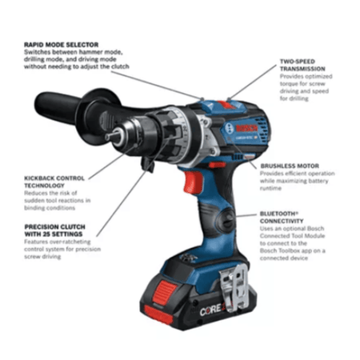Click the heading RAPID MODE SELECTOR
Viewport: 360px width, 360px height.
61,45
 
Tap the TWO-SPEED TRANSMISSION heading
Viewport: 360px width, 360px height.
302,65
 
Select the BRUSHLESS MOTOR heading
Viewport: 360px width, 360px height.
290,166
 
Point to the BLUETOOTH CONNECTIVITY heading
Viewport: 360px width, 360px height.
282,218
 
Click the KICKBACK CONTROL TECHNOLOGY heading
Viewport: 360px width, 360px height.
54,182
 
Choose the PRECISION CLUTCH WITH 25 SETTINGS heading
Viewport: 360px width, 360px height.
55,230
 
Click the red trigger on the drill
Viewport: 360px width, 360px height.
193,182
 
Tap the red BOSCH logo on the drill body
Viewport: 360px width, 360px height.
246,128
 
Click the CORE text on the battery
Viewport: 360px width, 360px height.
210,310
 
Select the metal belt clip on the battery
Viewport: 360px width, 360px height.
234,286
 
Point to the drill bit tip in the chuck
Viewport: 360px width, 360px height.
107,137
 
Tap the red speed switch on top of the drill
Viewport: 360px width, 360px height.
226,105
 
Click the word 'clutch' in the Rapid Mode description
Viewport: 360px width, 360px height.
120,66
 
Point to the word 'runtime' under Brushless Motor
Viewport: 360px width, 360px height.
270,188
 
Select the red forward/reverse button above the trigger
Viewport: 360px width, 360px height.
218,165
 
